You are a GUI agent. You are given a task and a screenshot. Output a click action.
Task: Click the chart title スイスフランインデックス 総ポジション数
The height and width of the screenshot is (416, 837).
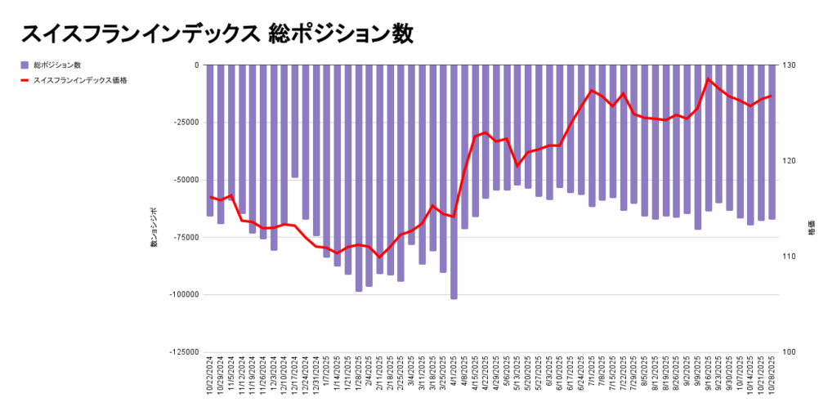pyautogui.click(x=217, y=34)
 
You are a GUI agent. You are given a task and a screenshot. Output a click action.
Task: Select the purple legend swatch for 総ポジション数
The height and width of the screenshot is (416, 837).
pyautogui.click(x=25, y=65)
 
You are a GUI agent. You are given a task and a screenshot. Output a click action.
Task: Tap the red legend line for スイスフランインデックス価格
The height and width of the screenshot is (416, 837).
pyautogui.click(x=25, y=80)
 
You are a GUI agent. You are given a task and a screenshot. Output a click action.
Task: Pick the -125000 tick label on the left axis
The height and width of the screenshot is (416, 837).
pyautogui.click(x=182, y=352)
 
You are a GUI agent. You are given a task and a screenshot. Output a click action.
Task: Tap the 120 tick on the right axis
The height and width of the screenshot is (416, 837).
pyautogui.click(x=791, y=161)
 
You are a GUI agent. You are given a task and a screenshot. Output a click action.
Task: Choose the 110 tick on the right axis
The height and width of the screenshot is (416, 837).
pyautogui.click(x=791, y=257)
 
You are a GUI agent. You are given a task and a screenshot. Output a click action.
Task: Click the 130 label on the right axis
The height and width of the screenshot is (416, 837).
pyautogui.click(x=791, y=65)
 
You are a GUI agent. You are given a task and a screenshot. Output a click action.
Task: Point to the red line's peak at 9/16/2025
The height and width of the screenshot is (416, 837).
pyautogui.click(x=708, y=79)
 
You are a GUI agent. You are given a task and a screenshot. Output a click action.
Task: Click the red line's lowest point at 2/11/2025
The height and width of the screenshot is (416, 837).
pyautogui.click(x=379, y=257)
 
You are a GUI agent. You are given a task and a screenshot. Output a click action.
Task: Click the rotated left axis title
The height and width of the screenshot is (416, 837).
pyautogui.click(x=153, y=228)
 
